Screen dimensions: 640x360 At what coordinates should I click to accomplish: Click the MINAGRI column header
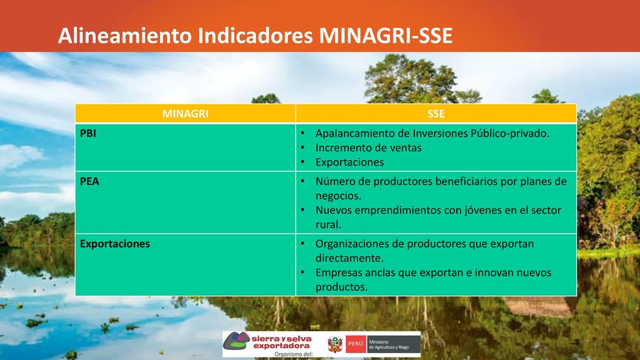[185, 114]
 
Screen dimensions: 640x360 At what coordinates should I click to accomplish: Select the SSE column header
[436, 114]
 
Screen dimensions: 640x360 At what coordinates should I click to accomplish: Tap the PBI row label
[88, 134]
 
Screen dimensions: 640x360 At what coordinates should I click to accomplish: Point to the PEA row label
[89, 181]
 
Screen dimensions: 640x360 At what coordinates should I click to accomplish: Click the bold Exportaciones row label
[115, 244]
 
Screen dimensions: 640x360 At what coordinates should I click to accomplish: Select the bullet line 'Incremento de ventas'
[369, 147]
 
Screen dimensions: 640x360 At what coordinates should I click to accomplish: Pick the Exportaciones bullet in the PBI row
[350, 162]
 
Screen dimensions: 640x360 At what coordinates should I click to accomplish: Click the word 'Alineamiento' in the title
[125, 36]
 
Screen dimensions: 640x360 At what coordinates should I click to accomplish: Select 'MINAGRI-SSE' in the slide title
[386, 36]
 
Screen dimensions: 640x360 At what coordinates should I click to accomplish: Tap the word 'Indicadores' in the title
[255, 36]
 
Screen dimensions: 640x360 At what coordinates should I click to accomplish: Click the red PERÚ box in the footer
[356, 344]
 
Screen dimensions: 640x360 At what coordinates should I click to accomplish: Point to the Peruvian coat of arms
[335, 344]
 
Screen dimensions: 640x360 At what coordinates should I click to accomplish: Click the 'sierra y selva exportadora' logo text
[281, 342]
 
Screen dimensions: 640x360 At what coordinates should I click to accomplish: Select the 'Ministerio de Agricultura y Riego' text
[389, 344]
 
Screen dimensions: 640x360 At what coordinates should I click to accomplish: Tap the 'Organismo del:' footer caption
[294, 354]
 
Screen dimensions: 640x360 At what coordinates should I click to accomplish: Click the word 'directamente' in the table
[349, 258]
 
